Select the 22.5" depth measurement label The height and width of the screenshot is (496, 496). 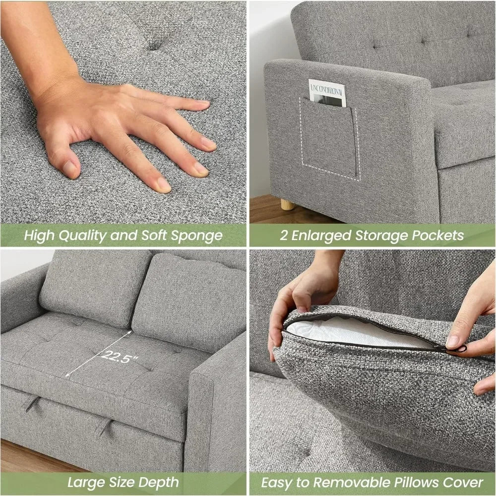pos(119,357)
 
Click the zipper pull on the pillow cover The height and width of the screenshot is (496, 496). pos(459,349)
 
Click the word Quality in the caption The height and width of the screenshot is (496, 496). pos(83,235)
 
